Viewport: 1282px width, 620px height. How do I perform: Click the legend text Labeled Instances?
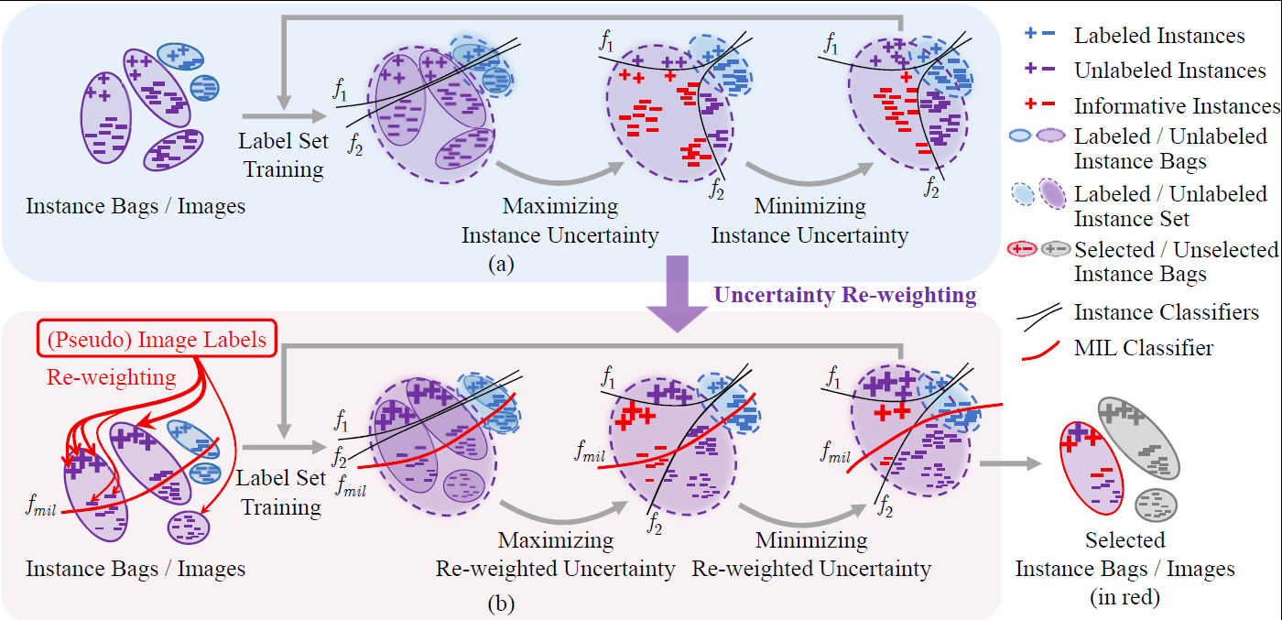coord(1159,36)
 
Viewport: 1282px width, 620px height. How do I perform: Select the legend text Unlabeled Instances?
coord(1169,71)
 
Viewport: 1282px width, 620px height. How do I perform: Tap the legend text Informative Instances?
coord(1176,105)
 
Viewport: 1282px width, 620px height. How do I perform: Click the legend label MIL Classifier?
coord(1143,347)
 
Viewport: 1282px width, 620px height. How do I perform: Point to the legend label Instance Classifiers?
coord(1166,312)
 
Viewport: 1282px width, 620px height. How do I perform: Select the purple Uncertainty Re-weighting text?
coord(844,295)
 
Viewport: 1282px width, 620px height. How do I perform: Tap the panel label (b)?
coord(501,604)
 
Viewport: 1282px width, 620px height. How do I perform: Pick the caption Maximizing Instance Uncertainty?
coord(560,221)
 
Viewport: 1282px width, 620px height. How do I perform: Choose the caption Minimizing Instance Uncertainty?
coord(809,221)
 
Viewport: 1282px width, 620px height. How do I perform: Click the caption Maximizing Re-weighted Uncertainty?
coord(555,554)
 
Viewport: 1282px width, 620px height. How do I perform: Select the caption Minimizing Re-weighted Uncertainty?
coord(810,554)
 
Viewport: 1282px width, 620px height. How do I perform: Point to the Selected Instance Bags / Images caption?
coord(1124,568)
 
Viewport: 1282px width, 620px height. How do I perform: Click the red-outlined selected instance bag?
coord(1091,468)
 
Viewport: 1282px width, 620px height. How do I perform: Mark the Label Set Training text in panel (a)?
coord(281,155)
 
